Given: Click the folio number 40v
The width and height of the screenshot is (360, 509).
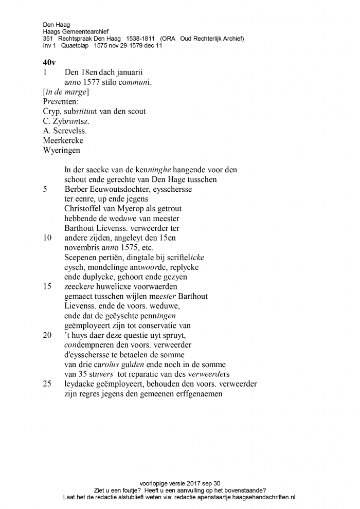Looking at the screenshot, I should [50, 63].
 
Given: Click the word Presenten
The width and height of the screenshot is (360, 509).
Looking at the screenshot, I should [58, 101].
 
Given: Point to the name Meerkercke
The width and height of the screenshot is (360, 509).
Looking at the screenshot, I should [63, 140].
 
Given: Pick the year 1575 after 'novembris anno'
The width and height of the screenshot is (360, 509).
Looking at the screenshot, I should [125, 248].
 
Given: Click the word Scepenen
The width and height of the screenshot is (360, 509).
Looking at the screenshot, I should [81, 258].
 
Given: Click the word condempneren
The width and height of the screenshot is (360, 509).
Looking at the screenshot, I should [88, 345].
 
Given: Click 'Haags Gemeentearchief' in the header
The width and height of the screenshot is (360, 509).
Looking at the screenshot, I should [76, 31].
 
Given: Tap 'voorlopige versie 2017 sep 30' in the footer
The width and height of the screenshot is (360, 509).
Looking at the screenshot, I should [180, 484].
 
